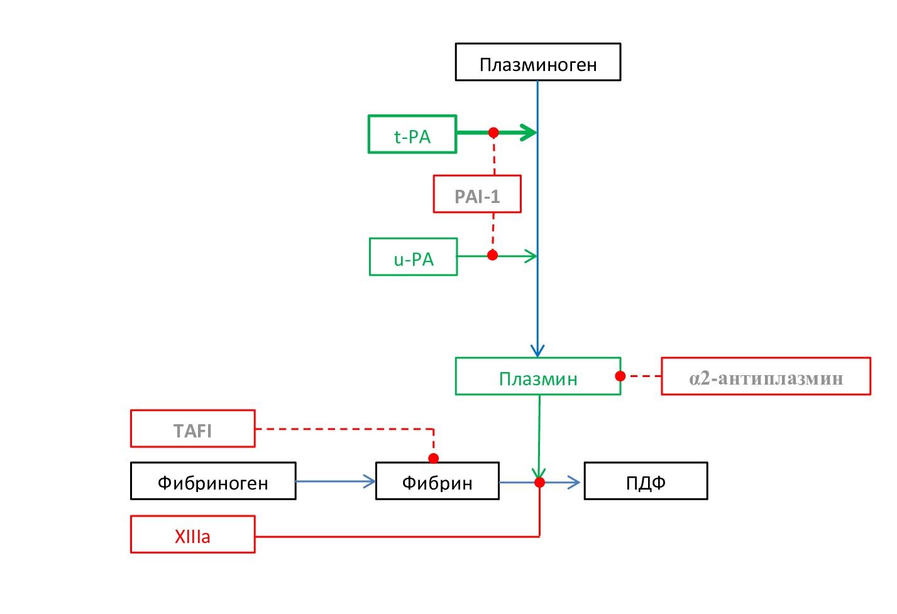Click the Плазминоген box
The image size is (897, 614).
538,62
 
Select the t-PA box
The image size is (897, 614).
412,134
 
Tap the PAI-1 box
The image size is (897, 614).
477,194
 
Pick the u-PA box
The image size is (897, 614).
413,257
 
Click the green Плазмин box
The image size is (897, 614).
538,376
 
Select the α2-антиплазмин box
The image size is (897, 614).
766,376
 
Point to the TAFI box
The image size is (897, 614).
192,429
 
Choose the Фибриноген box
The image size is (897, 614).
213,481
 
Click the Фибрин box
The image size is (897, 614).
437,481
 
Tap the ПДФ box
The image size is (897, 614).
646,481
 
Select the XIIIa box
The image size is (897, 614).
192,534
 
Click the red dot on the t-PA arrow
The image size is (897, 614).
493,133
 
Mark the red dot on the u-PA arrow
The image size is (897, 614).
493,255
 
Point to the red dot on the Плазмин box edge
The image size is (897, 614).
620,376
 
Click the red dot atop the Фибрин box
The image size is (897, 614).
433,458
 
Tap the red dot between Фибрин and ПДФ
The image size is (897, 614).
539,482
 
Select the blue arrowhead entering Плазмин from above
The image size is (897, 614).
537,351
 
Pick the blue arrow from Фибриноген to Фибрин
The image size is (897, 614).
336,481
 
